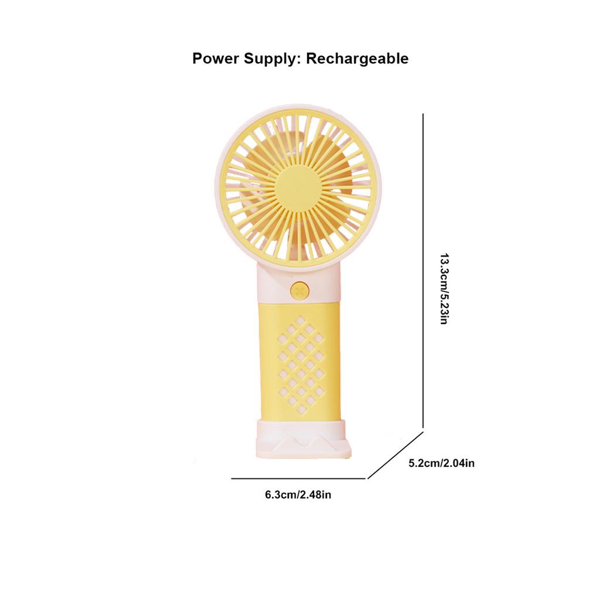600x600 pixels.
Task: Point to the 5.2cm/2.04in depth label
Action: click(441, 463)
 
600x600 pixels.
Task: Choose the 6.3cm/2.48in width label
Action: click(298, 495)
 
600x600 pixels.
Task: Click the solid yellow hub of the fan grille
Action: click(298, 186)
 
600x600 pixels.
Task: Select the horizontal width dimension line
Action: click(299, 479)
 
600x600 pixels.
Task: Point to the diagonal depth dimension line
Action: click(396, 455)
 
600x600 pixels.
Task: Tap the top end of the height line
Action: click(423, 115)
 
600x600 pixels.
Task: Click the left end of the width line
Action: click(232, 479)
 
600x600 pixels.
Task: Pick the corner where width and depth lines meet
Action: click(367, 479)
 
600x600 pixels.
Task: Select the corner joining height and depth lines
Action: click(423, 432)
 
